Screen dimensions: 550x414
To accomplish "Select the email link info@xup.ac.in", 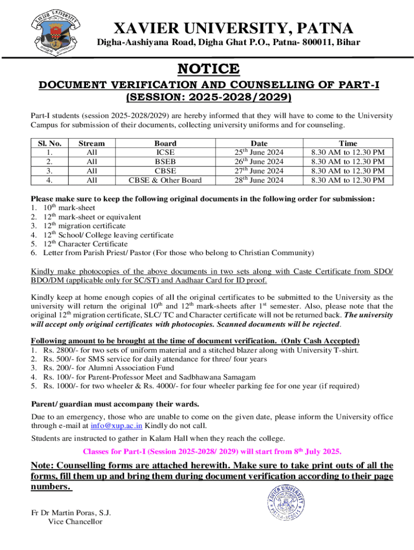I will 117,426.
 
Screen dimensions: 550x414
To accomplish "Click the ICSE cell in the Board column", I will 165,153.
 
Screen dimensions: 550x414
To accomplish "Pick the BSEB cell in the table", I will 165,162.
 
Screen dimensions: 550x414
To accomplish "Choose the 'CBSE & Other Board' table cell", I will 165,180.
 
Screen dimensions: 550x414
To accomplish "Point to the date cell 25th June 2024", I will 260,153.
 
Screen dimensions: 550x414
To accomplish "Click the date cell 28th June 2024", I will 260,180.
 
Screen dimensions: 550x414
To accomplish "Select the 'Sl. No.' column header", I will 50,143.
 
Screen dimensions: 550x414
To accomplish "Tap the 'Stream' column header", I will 91,143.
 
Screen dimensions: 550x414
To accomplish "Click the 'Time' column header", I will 348,143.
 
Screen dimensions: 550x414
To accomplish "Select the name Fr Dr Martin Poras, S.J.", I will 70,512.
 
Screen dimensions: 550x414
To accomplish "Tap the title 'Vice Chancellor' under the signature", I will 75,521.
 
